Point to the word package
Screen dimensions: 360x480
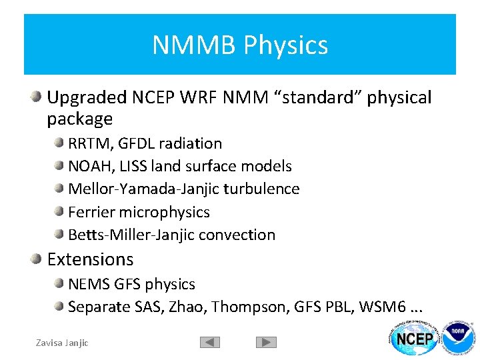pos(80,119)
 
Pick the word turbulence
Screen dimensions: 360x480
pos(261,189)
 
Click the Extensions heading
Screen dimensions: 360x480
pos(90,259)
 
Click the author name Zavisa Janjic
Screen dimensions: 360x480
pos(62,343)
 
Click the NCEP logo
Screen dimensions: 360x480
pos(414,339)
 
